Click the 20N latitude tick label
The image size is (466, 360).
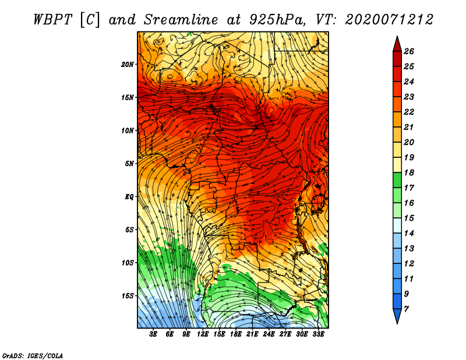[x=128, y=64]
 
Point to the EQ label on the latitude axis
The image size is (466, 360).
[x=129, y=196]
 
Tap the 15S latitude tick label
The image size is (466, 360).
[x=128, y=295]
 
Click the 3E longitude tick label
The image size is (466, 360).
[x=153, y=334]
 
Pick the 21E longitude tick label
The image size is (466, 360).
[x=252, y=334]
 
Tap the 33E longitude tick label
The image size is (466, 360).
[x=318, y=334]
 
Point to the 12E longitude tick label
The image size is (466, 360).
[x=203, y=334]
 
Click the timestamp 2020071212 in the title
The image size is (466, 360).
[x=389, y=19]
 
